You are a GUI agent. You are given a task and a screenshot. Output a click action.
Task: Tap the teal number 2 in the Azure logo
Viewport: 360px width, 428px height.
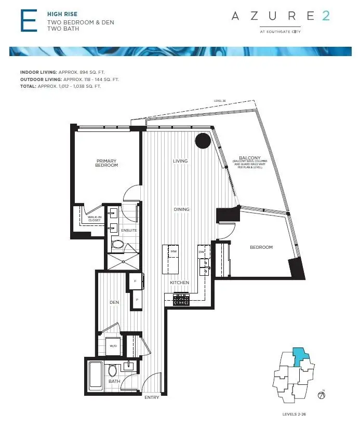click(x=325, y=16)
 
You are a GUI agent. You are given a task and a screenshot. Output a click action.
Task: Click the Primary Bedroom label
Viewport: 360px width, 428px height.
click(x=106, y=163)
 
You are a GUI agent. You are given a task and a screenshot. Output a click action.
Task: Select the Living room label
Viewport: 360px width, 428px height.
click(x=180, y=161)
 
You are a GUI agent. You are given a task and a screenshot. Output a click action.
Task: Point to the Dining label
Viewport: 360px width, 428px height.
click(x=181, y=209)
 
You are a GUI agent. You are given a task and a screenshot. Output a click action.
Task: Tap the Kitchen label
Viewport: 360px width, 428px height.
click(x=179, y=283)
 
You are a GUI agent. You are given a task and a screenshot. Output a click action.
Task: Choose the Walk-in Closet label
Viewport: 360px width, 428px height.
click(x=94, y=219)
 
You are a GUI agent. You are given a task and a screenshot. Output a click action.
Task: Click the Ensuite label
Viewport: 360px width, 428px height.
click(x=128, y=230)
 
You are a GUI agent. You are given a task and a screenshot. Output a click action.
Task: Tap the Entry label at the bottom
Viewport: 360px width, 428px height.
click(x=152, y=397)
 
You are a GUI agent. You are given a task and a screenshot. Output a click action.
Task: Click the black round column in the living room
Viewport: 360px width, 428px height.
click(x=203, y=140)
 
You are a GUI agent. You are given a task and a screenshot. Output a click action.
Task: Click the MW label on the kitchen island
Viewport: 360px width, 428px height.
click(x=173, y=252)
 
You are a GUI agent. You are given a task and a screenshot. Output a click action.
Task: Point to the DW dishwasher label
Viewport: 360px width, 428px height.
click(x=201, y=252)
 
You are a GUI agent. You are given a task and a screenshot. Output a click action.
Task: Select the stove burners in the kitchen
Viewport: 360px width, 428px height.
click(x=181, y=299)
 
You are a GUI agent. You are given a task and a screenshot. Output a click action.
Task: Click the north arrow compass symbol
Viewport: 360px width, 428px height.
click(x=322, y=395)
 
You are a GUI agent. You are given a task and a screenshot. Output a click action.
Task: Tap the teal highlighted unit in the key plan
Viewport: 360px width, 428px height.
click(x=300, y=357)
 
